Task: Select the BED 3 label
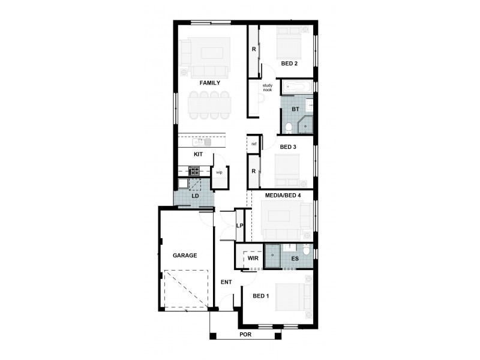pyautogui.click(x=288, y=146)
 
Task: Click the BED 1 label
pyautogui.click(x=260, y=296)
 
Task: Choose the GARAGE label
pyautogui.click(x=185, y=255)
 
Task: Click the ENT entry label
pyautogui.click(x=226, y=281)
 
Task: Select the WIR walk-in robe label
pyautogui.click(x=253, y=258)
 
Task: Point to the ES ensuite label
pyautogui.click(x=295, y=259)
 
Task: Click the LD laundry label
pyautogui.click(x=195, y=196)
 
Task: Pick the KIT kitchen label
pyautogui.click(x=198, y=154)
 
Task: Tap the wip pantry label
pyautogui.click(x=219, y=172)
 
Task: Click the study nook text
pyautogui.click(x=267, y=88)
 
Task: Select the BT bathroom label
pyautogui.click(x=295, y=109)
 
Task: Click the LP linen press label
pyautogui.click(x=239, y=226)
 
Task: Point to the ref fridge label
pyautogui.click(x=254, y=144)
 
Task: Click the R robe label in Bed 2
pyautogui.click(x=254, y=49)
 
